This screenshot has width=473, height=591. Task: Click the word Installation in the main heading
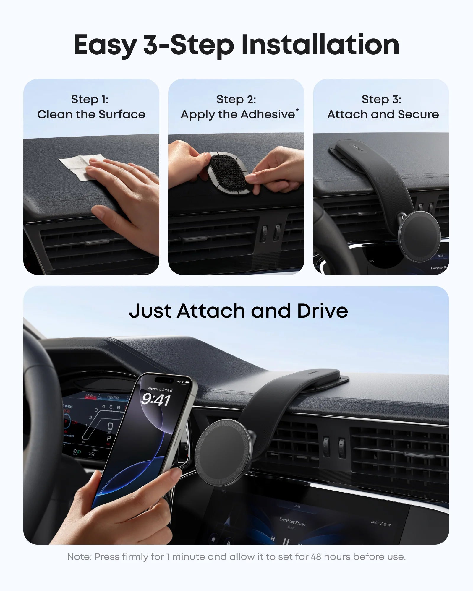(320, 45)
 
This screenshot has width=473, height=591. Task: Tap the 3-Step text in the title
(188, 45)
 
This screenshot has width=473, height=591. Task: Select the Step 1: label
(90, 99)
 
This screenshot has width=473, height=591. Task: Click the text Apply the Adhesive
(238, 115)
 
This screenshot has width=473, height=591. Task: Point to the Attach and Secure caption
(383, 115)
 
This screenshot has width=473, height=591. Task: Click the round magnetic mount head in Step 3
(419, 236)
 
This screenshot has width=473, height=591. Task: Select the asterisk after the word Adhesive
(297, 110)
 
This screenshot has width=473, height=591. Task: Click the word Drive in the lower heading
(323, 311)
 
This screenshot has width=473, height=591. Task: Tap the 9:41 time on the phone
(155, 400)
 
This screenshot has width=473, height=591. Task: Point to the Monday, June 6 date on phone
(160, 390)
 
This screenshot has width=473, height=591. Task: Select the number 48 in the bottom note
(316, 557)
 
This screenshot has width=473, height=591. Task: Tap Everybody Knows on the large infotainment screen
(292, 521)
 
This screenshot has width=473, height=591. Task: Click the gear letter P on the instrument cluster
(109, 438)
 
